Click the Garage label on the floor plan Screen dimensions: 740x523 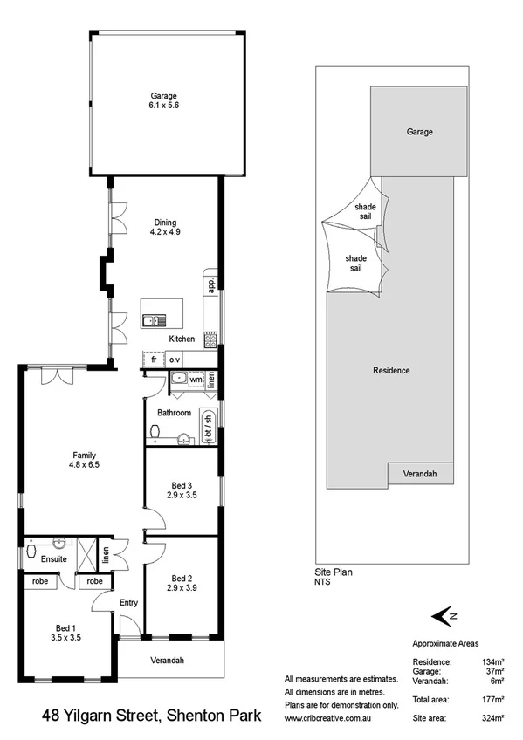click(163, 100)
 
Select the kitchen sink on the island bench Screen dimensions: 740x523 click(155, 319)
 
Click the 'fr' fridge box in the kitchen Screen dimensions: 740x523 click(153, 359)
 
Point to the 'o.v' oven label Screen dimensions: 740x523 click(175, 359)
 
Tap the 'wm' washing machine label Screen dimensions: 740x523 click(196, 380)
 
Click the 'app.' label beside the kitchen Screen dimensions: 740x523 click(210, 284)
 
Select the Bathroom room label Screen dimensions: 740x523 click(174, 413)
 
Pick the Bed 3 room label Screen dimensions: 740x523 click(182, 490)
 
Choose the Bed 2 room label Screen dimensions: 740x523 click(182, 583)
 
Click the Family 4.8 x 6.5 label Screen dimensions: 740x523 click(84, 459)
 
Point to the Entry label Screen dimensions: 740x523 click(128, 601)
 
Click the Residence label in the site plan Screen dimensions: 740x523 click(391, 371)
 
